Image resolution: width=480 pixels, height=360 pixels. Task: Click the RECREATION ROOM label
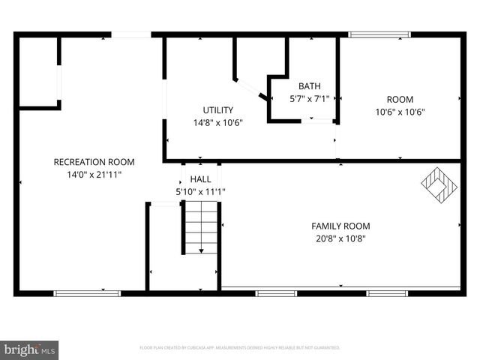pos(94,162)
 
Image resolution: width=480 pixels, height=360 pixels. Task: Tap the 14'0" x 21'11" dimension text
pos(94,174)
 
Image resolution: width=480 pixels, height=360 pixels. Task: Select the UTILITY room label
pos(217,110)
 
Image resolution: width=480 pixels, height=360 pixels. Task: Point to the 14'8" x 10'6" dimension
pos(217,122)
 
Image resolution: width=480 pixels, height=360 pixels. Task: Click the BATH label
pos(309,86)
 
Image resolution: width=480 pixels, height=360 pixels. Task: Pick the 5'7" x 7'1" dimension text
pos(309,98)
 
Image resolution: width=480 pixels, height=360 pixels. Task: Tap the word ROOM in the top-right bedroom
pos(400,100)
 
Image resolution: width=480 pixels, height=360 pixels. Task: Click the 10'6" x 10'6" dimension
pos(400,112)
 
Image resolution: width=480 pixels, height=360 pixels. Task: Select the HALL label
pos(200,180)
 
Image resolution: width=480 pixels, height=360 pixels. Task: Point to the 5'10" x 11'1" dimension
pos(200,192)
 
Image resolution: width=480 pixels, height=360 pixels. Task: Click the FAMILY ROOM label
pos(340,226)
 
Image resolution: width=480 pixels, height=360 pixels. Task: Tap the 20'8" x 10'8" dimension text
pos(340,238)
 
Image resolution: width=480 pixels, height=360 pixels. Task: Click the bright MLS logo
pos(29,349)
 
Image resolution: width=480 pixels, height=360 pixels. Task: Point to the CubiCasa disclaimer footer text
pos(240,348)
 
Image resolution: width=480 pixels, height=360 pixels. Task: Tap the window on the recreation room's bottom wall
pos(87,293)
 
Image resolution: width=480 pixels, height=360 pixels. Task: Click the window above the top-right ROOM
pos(380,34)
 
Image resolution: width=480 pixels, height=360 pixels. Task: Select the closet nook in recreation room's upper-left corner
pos(38,72)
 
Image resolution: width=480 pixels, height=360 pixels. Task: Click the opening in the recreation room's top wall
pos(131,34)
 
